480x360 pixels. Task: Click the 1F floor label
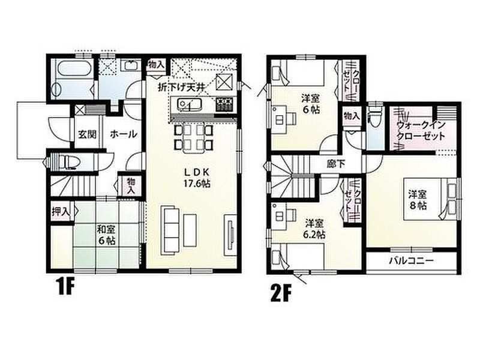coord(65,286)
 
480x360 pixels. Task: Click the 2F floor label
coord(280,293)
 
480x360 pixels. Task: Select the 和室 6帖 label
coord(106,235)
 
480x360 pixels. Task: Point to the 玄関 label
coord(87,134)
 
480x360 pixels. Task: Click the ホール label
coord(123,134)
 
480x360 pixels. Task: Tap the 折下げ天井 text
coord(181,88)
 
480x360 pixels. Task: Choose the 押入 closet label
coord(61,212)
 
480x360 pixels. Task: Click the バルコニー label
coord(412,261)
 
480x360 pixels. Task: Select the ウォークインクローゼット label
coord(421,130)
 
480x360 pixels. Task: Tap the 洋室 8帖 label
coord(418,200)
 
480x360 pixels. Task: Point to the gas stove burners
coord(225,104)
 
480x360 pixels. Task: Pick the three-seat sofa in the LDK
coord(170,230)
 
